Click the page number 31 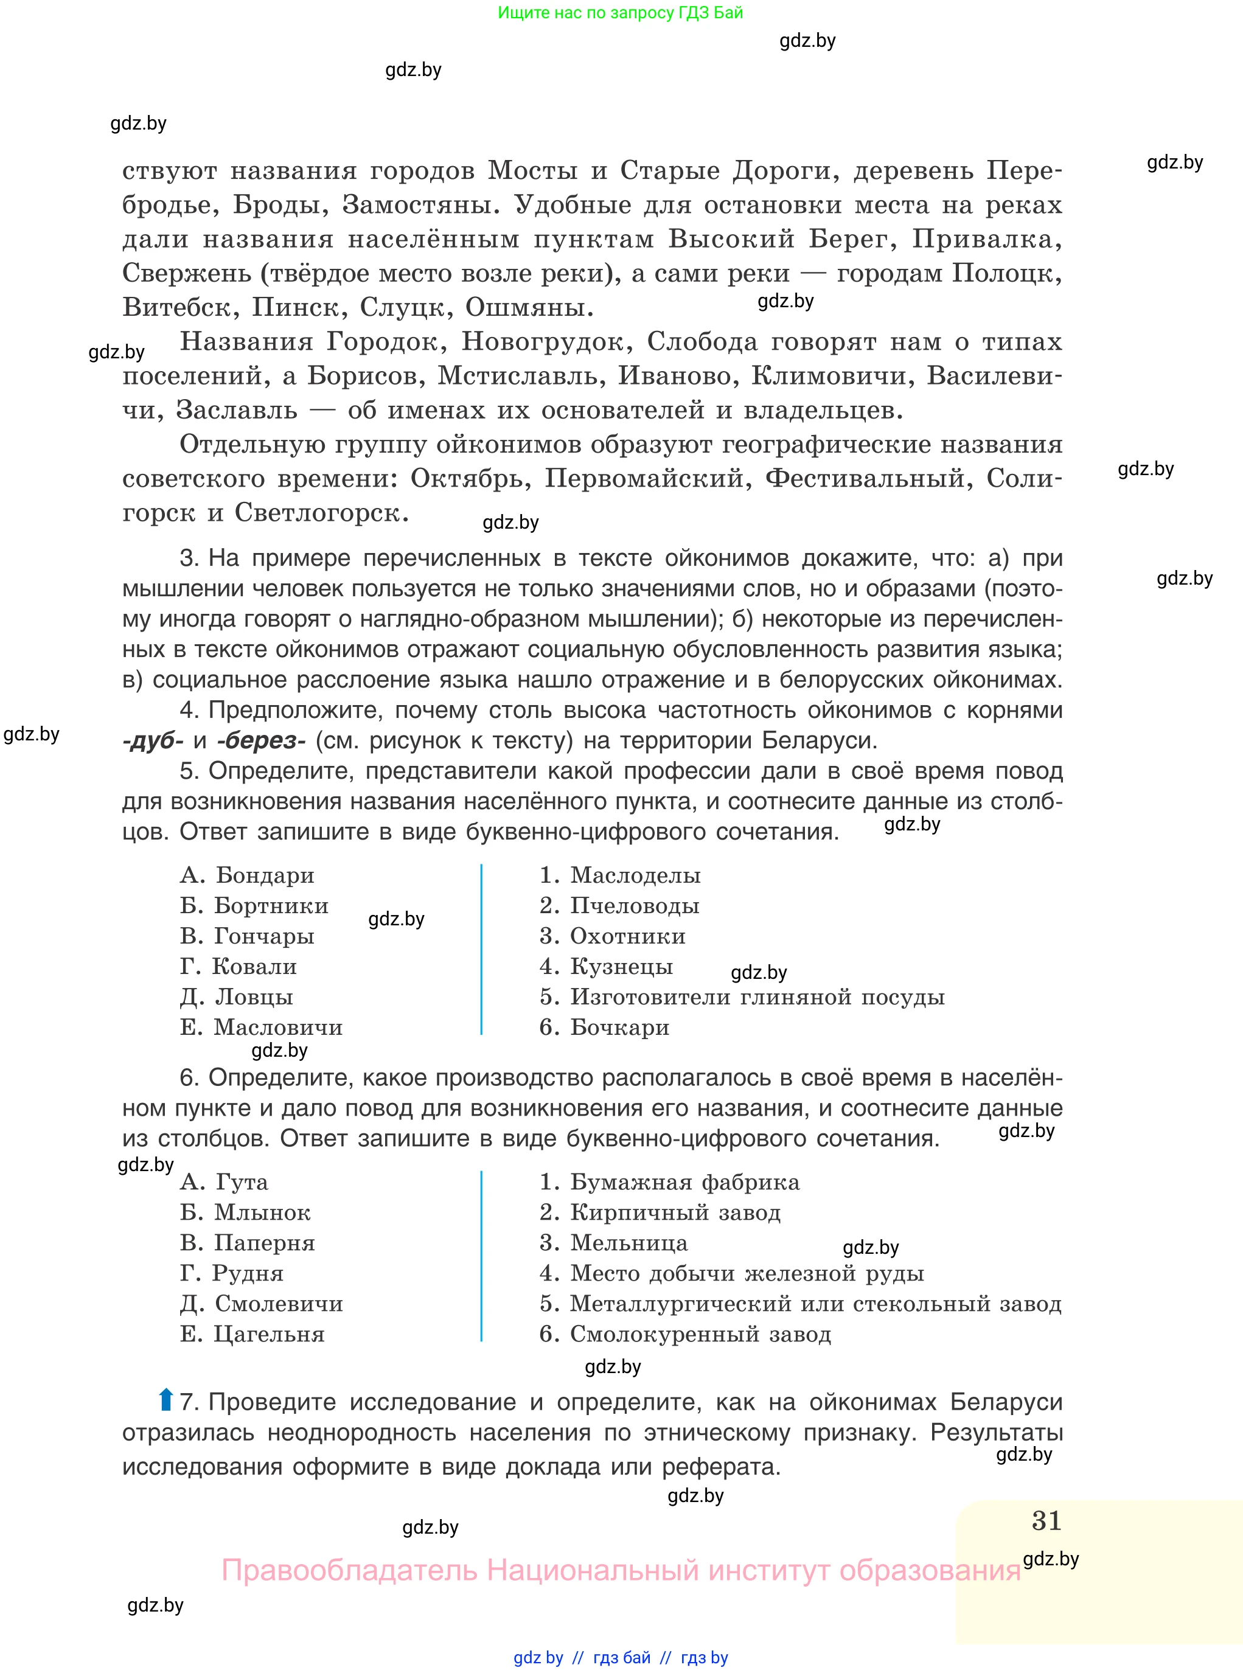click(x=1046, y=1520)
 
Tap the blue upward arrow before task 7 click(x=165, y=1400)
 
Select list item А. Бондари click(x=247, y=875)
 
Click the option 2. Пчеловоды click(x=619, y=906)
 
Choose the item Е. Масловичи click(x=261, y=1028)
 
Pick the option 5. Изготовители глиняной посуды click(x=742, y=998)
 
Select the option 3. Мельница click(x=613, y=1243)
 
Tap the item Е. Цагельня click(x=252, y=1335)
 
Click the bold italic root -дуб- click(x=153, y=741)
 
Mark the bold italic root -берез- click(x=260, y=741)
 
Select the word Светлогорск click(x=321, y=513)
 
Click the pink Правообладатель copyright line click(x=620, y=1570)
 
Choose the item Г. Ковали click(x=238, y=967)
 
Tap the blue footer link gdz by click(x=538, y=1658)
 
